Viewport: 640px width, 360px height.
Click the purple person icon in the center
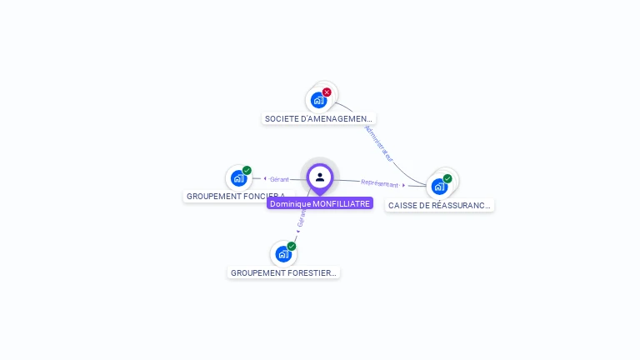(x=320, y=177)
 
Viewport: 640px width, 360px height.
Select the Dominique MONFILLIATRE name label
(x=320, y=203)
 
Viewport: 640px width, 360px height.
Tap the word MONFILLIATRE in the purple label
(x=342, y=203)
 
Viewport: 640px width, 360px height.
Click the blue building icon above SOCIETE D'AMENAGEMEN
(x=318, y=100)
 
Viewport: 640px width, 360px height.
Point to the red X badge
(x=327, y=92)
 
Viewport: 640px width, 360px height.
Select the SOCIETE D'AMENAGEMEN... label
(x=319, y=118)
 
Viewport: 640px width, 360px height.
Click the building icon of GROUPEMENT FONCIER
(x=239, y=178)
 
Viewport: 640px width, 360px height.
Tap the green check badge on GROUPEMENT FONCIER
(x=247, y=170)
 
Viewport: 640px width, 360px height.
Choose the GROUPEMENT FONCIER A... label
(x=235, y=197)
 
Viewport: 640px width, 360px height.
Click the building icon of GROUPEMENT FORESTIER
(x=283, y=254)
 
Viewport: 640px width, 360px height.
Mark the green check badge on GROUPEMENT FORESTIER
(x=292, y=246)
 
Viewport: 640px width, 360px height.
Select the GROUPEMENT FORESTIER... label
(x=283, y=272)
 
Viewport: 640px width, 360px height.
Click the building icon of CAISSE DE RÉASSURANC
(x=439, y=187)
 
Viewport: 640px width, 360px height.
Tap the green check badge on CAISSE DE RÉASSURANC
(x=447, y=178)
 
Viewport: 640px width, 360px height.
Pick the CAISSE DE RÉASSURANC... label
(x=439, y=205)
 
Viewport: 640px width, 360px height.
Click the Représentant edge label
(x=379, y=182)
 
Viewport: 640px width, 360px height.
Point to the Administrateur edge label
(x=379, y=144)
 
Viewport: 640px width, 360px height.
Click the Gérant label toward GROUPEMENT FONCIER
(x=279, y=179)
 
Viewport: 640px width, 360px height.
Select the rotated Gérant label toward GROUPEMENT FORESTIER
(x=301, y=218)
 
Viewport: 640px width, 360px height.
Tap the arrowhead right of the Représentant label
(x=404, y=185)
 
